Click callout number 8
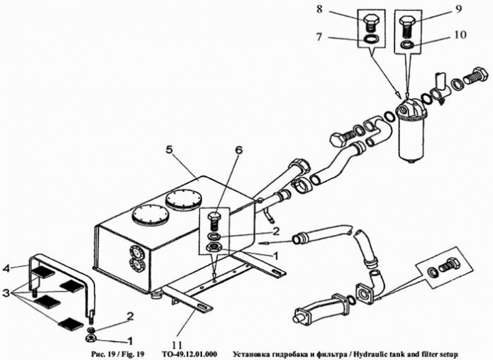click(x=319, y=9)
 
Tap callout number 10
click(x=460, y=34)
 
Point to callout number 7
click(x=318, y=37)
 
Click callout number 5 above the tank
click(x=169, y=150)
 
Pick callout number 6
click(x=239, y=150)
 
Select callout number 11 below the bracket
click(x=177, y=344)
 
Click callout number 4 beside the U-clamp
click(x=6, y=268)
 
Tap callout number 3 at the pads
click(x=6, y=294)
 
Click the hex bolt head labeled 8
click(x=371, y=19)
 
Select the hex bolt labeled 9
click(x=407, y=28)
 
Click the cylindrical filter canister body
click(x=411, y=137)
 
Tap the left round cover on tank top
click(x=150, y=214)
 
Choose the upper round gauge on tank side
click(x=137, y=252)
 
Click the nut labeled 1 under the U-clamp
click(x=92, y=339)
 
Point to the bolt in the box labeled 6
click(x=215, y=221)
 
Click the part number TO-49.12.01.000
click(x=189, y=354)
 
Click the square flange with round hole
click(x=365, y=293)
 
